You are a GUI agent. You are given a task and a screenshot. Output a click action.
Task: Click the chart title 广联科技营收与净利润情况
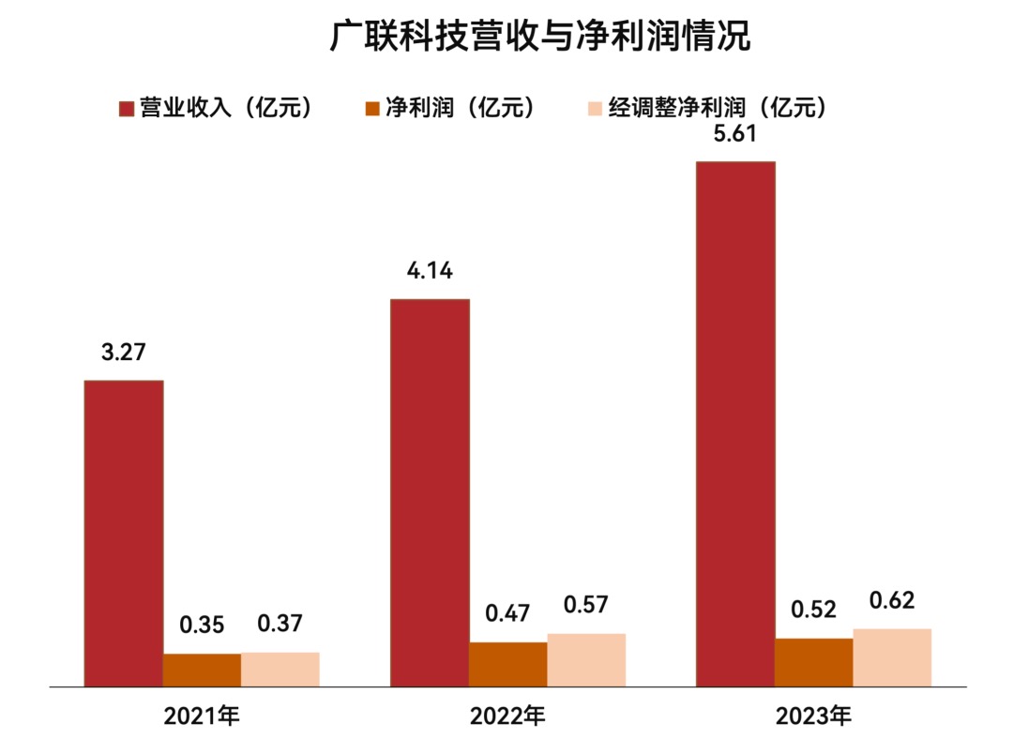pos(541,37)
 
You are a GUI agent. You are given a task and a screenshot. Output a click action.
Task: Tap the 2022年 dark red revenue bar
pos(430,492)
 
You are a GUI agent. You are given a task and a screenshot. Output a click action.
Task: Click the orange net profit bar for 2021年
pos(202,670)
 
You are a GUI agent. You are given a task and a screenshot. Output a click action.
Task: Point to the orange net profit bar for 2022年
pos(507,664)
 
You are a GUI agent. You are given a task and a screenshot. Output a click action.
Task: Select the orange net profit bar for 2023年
pos(813,662)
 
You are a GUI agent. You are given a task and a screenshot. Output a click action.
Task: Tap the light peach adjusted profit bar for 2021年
pos(280,669)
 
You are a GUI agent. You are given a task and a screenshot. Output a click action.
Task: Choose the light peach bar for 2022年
pos(586,659)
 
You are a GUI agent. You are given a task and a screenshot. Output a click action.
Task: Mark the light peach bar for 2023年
pos(892,657)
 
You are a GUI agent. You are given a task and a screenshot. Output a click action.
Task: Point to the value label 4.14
pos(430,272)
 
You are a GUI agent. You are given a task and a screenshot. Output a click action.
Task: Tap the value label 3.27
pos(124,354)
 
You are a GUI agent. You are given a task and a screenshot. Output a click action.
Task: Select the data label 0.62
pos(892,600)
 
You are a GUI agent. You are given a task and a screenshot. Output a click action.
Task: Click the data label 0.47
pos(507,614)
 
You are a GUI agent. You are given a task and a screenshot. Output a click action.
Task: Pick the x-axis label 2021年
pos(202,717)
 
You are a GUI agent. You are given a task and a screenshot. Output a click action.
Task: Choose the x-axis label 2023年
pos(813,717)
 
